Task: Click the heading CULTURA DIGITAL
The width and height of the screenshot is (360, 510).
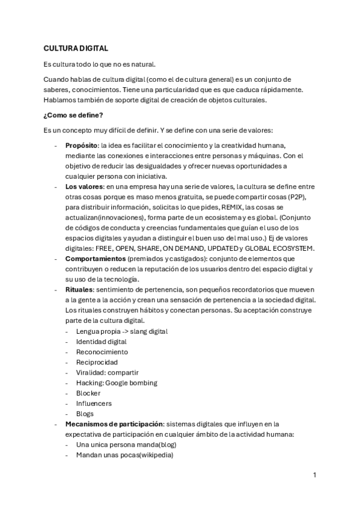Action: coord(76,48)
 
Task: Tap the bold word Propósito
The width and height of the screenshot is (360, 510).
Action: coord(81,146)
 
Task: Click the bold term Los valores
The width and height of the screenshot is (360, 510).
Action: coord(82,187)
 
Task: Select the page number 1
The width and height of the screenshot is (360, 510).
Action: coord(314,475)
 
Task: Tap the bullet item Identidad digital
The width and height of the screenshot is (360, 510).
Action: coord(101,342)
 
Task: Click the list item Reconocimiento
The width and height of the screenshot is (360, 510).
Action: coord(102,352)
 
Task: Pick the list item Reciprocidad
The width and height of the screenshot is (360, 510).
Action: coord(97,362)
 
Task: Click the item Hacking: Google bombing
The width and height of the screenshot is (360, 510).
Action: coord(117,382)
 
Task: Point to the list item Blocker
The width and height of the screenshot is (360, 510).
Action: coord(88,393)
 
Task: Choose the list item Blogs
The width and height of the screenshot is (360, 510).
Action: coord(85,414)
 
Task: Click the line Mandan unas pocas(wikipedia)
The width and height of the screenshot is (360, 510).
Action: coord(124,455)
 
